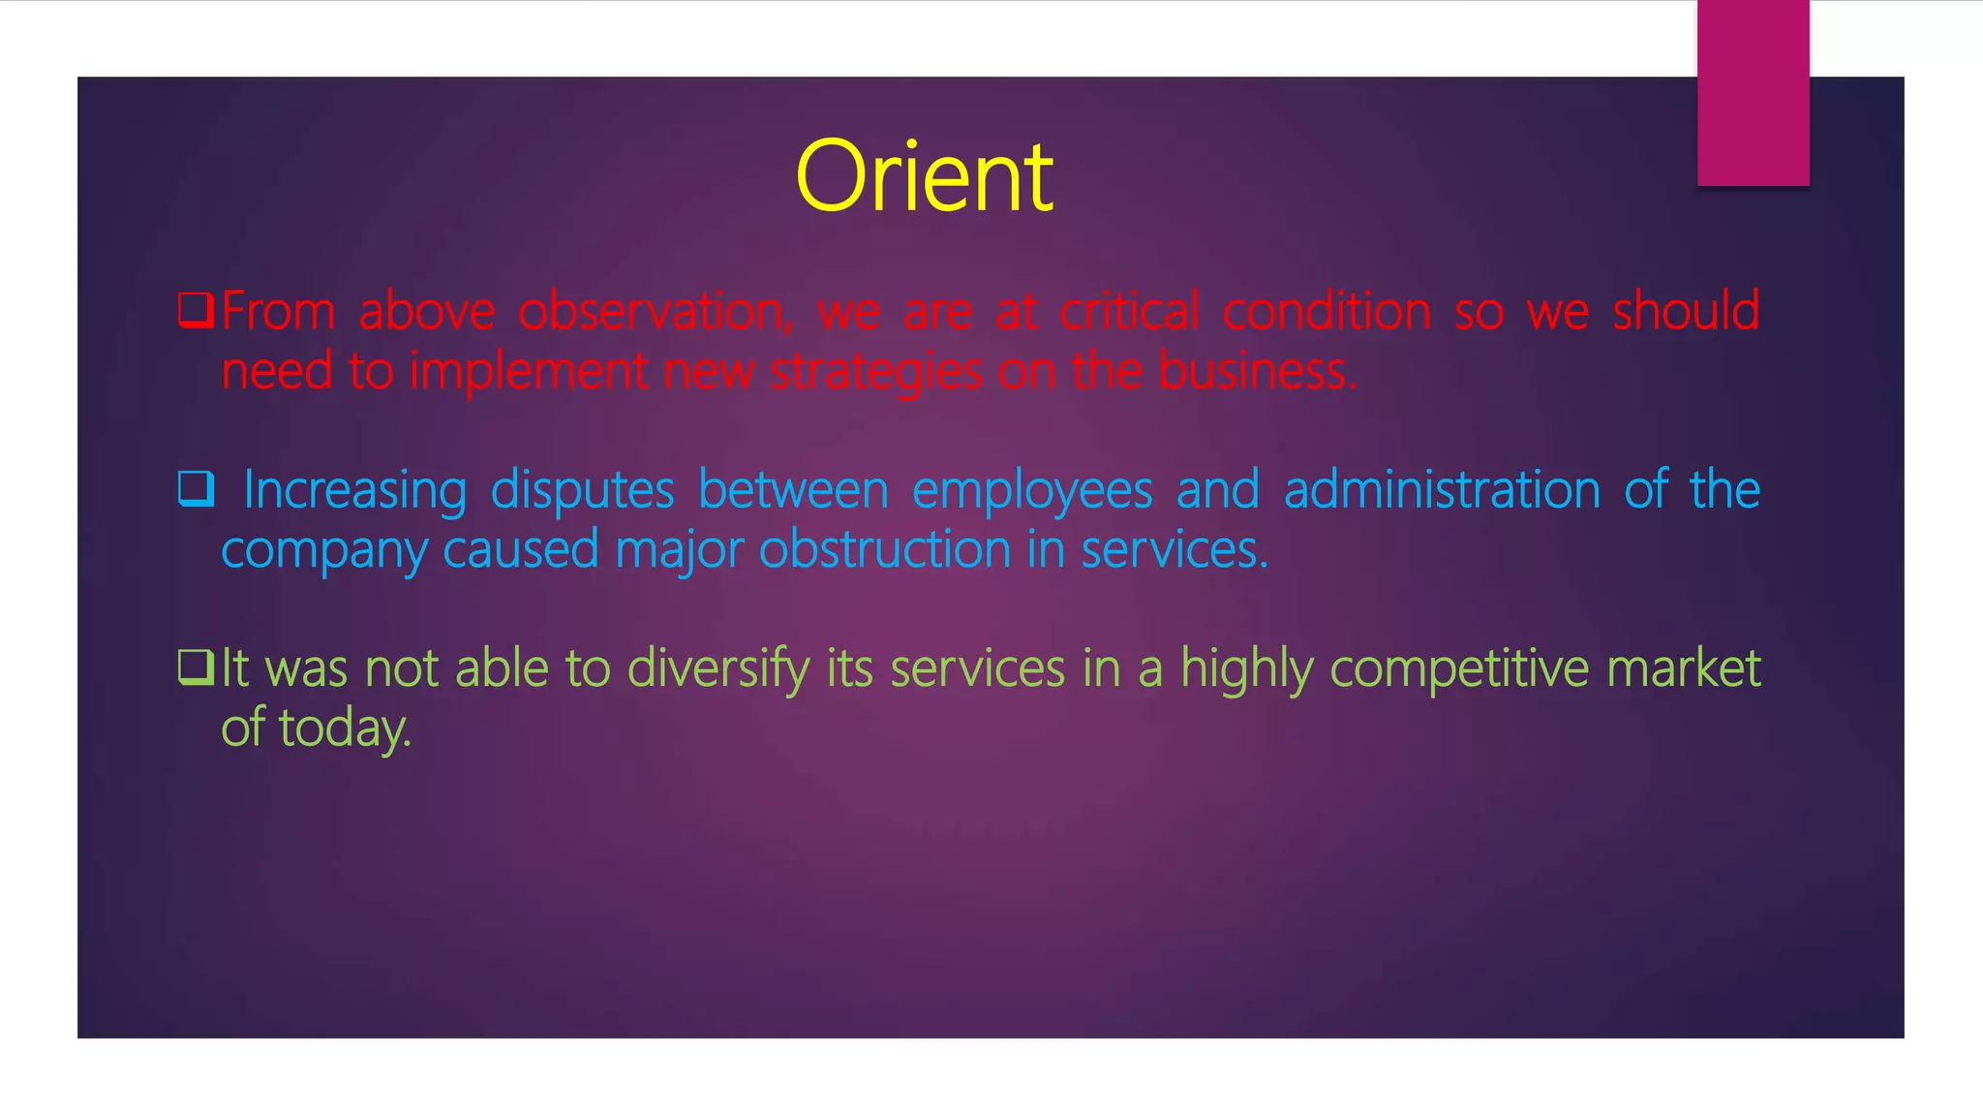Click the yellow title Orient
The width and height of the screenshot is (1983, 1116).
click(924, 176)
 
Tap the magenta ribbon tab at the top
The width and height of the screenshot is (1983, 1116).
click(1753, 93)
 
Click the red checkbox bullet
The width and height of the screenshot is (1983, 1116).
click(196, 311)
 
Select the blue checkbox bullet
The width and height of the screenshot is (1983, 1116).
click(196, 489)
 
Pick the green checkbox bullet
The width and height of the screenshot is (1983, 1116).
click(196, 667)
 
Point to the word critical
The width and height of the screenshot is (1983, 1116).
click(1129, 311)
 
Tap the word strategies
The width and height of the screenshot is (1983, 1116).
click(875, 372)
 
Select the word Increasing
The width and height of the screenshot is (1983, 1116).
click(354, 490)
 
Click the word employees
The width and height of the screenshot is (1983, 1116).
click(1032, 490)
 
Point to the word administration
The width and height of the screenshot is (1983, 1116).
click(1442, 489)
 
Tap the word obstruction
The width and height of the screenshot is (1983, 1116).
click(885, 549)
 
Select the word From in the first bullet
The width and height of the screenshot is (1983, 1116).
click(278, 311)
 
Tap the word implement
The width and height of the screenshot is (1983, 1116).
click(529, 372)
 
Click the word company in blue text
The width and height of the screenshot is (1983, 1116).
click(323, 551)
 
